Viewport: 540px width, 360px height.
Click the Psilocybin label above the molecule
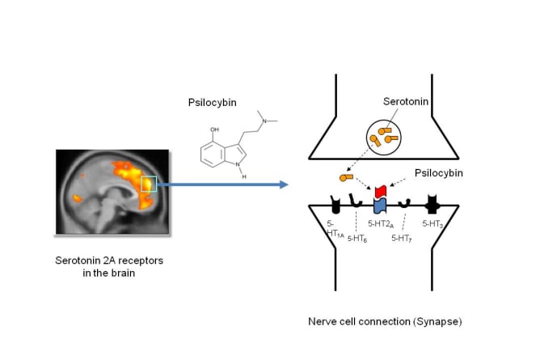[212, 103]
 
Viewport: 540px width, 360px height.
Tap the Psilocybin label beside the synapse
[438, 173]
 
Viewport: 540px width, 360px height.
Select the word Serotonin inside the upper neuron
[406, 101]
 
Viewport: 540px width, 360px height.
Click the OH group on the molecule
[214, 129]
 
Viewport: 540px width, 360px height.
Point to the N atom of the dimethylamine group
[264, 121]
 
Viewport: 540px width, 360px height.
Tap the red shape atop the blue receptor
[382, 191]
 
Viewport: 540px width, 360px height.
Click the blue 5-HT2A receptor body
[380, 205]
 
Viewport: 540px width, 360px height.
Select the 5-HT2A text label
[381, 224]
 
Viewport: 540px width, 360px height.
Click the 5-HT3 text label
[432, 224]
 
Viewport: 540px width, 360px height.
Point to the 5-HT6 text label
[357, 239]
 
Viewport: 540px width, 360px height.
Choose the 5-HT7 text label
[402, 238]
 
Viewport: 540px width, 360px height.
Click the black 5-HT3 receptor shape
[432, 205]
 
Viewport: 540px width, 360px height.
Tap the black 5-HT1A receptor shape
[335, 205]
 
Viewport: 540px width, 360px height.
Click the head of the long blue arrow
[284, 184]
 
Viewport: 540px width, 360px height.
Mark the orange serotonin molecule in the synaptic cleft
[346, 177]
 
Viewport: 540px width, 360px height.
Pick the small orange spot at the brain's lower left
[77, 198]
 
